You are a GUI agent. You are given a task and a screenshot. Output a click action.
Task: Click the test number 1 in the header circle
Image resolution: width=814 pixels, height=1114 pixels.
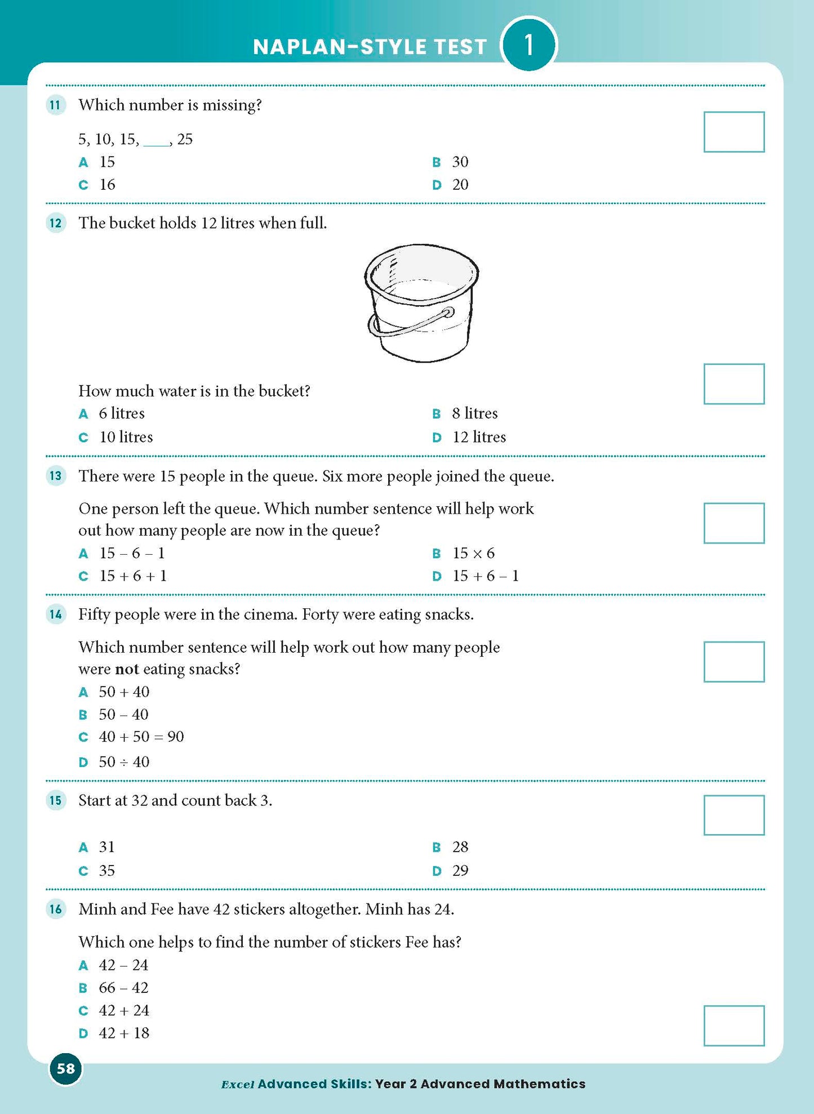[528, 45]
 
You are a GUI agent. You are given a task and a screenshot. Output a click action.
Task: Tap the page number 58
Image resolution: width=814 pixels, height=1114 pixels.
[66, 1068]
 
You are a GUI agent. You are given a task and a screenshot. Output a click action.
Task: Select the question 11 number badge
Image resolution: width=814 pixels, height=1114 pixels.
[55, 105]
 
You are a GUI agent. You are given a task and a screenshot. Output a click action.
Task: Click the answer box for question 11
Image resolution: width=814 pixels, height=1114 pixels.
[733, 132]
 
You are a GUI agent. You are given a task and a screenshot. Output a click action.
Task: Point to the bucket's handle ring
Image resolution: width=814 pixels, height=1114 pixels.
[448, 313]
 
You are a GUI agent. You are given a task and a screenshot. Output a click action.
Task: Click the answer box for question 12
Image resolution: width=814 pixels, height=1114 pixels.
[733, 384]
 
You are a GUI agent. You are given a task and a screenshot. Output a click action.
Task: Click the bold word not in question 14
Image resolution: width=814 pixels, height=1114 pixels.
[127, 669]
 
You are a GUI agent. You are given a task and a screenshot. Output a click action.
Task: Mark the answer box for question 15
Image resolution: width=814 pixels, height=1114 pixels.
[733, 815]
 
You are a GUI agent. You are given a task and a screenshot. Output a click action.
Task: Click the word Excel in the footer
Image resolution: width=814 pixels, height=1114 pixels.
[237, 1084]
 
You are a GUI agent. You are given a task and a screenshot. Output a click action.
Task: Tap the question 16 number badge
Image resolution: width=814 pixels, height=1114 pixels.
[55, 909]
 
